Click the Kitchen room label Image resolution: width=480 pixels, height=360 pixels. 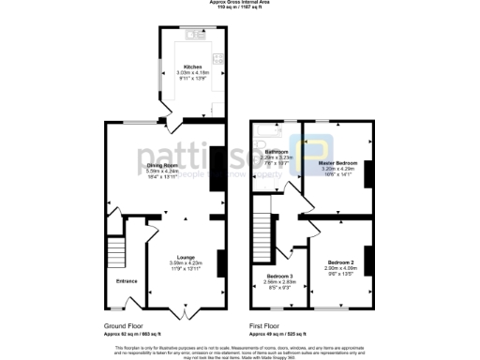(192, 67)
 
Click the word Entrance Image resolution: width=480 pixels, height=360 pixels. (126, 280)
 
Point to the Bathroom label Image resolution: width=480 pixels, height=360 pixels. (276, 151)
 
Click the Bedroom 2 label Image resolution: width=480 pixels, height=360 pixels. (340, 262)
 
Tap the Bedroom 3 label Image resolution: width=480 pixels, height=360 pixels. (278, 276)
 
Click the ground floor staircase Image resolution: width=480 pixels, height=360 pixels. (116, 250)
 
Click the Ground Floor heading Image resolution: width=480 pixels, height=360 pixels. (124, 326)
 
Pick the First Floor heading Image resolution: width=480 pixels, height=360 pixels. (268, 326)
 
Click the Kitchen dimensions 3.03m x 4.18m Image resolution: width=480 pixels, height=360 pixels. (192, 73)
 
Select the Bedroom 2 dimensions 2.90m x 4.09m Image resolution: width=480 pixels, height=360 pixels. (340, 267)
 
